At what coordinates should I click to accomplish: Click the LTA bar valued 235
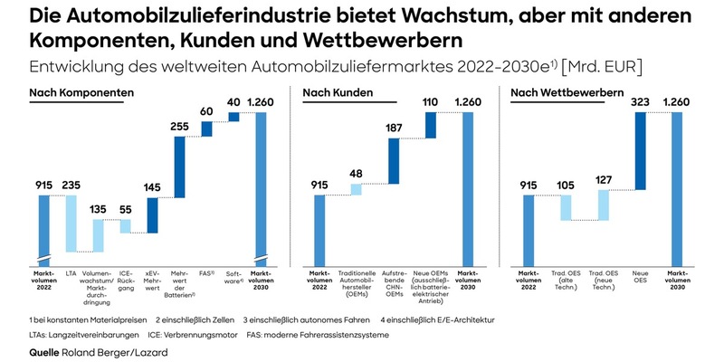tap(71, 223)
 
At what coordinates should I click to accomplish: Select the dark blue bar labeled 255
tap(179, 167)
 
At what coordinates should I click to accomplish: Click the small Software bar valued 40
tap(233, 117)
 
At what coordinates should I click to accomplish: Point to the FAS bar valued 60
tap(206, 129)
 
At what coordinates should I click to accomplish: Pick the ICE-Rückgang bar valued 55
tap(125, 225)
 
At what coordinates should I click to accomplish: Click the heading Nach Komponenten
tap(81, 92)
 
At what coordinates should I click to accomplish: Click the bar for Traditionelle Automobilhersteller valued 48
tap(356, 189)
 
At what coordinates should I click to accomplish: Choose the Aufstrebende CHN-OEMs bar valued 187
tap(393, 161)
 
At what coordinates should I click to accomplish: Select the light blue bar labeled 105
tap(566, 207)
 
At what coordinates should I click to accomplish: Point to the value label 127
tap(603, 179)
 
